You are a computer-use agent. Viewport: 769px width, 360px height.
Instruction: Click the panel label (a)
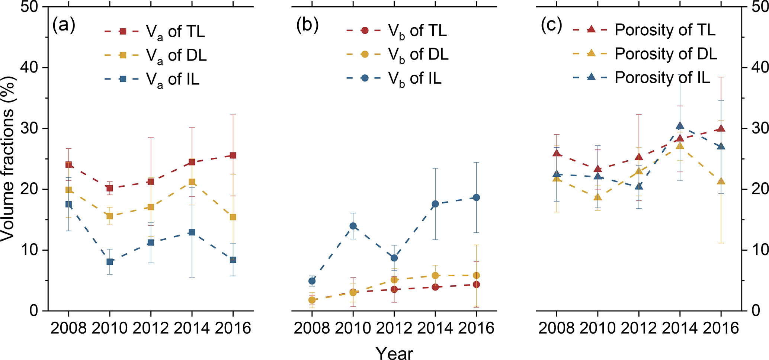[64, 25]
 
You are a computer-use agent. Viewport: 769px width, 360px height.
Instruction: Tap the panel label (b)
[307, 25]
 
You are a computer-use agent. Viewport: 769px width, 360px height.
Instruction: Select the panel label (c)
[551, 25]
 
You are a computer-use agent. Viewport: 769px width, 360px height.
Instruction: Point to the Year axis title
[394, 353]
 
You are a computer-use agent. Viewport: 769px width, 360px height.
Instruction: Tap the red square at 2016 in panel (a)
[233, 155]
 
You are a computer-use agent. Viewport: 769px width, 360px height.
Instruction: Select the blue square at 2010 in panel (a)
[110, 261]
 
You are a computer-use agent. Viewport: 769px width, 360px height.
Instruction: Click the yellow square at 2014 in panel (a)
[192, 182]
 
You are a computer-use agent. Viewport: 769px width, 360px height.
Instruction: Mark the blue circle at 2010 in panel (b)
[353, 226]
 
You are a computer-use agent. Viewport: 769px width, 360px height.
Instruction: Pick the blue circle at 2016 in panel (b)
[476, 197]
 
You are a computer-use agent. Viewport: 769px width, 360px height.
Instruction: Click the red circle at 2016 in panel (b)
[476, 285]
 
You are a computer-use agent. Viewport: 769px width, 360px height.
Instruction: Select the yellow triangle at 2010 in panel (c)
[598, 197]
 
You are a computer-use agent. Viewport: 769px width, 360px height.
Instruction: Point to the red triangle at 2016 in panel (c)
[721, 128]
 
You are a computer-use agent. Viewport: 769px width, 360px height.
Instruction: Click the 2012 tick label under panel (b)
[394, 328]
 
